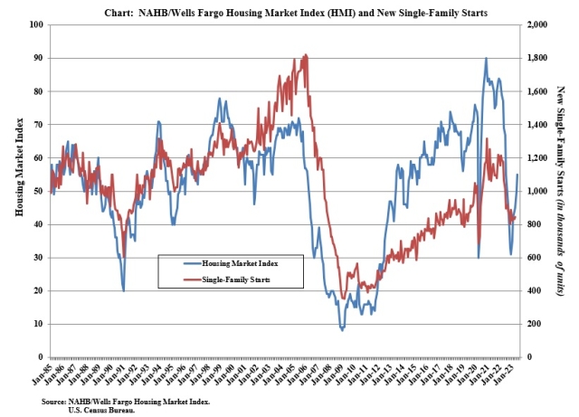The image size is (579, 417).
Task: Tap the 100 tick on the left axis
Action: pyautogui.click(x=39, y=24)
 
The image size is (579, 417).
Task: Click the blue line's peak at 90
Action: pyautogui.click(x=487, y=58)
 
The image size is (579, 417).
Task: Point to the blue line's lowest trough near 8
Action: pyautogui.click(x=342, y=330)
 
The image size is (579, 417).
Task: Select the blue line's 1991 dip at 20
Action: pyautogui.click(x=124, y=290)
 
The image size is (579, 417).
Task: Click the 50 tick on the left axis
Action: pyautogui.click(x=41, y=191)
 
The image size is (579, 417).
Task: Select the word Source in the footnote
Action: pyautogui.click(x=54, y=401)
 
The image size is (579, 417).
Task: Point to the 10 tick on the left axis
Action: pyautogui.click(x=41, y=324)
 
